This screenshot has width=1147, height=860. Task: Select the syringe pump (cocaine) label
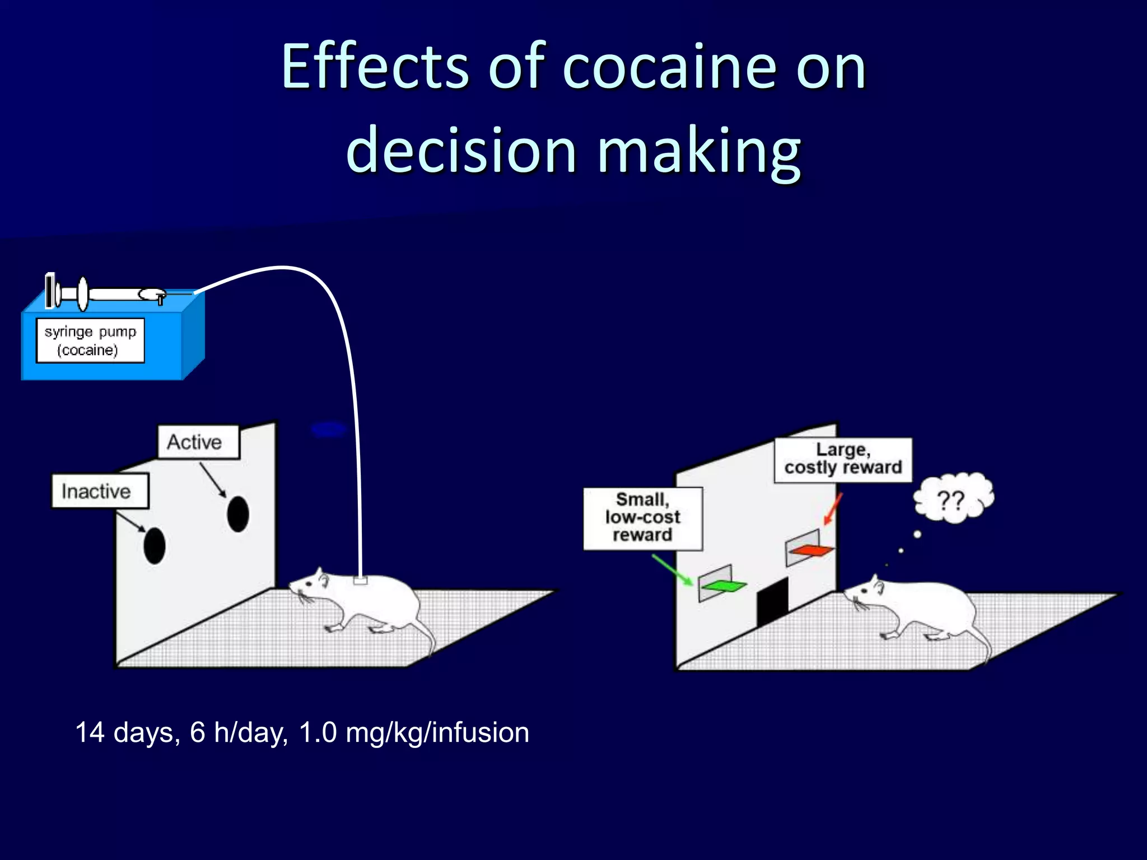(90, 340)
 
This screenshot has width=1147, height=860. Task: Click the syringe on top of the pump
(106, 292)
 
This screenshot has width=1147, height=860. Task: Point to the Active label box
(198, 442)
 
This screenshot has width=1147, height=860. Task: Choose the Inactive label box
(100, 491)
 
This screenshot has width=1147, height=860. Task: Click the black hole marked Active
(238, 514)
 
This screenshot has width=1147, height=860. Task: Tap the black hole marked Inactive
(155, 545)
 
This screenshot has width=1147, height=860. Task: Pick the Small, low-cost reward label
(642, 518)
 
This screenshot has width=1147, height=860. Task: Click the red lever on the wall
(811, 550)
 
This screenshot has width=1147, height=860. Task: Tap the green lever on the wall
(724, 586)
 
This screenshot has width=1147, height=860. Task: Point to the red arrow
(833, 508)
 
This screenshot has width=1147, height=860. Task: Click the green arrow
(673, 570)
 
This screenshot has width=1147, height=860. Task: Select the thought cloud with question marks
(953, 498)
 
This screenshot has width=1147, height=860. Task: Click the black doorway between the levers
(772, 602)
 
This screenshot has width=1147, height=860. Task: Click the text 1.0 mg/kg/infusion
(414, 732)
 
